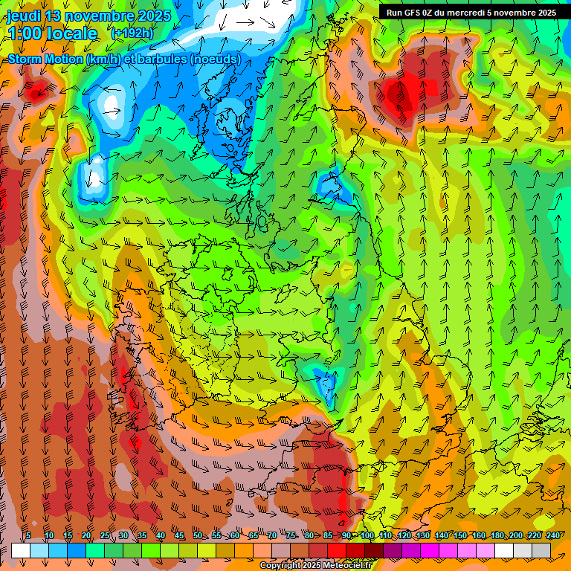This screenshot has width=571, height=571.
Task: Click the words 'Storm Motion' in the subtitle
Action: [x=45, y=59]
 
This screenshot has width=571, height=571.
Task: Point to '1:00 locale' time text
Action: [x=52, y=33]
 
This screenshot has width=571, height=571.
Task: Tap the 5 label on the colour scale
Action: [x=28, y=535]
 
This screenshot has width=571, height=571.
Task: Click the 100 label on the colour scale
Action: [x=367, y=535]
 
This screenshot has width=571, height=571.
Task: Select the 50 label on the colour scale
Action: [x=198, y=535]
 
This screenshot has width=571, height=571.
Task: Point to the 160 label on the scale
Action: [x=478, y=535]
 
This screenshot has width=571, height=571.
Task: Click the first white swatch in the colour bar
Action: [x=21, y=550]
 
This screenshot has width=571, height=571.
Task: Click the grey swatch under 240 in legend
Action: [x=541, y=550]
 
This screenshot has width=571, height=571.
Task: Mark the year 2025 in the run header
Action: [x=543, y=12]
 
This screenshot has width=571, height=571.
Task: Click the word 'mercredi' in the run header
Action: [x=465, y=12]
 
